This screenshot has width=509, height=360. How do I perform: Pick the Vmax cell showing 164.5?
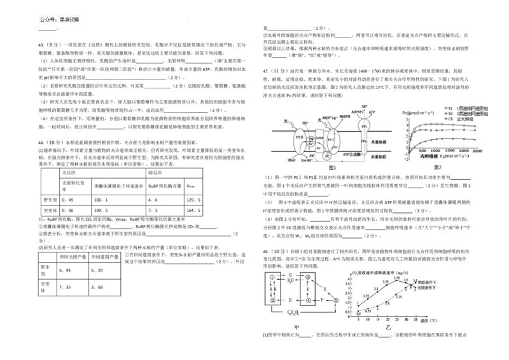(193, 210)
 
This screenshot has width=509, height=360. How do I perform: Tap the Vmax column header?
(192, 186)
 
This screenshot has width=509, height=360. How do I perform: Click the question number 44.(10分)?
(52, 142)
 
